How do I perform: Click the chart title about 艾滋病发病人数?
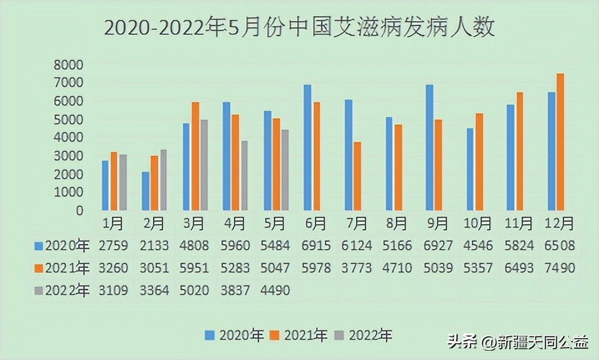[299, 27]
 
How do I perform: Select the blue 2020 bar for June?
[307, 148]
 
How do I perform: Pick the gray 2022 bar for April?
[245, 176]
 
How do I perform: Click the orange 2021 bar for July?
[357, 176]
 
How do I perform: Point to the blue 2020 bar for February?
[146, 191]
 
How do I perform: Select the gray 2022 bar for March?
[204, 165]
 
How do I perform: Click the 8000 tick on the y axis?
[68, 65]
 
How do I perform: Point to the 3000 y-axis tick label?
[68, 156]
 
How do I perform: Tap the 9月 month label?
[438, 223]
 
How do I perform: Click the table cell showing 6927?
[438, 245]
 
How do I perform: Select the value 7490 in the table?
[559, 268]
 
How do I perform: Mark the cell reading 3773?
[357, 268]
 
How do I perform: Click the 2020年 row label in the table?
[68, 245]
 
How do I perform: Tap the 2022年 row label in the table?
[68, 290]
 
